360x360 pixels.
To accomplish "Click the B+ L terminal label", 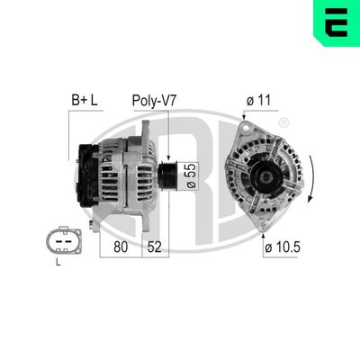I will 85,100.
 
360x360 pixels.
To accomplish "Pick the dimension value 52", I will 155,244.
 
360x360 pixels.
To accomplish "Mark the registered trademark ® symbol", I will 283,122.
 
